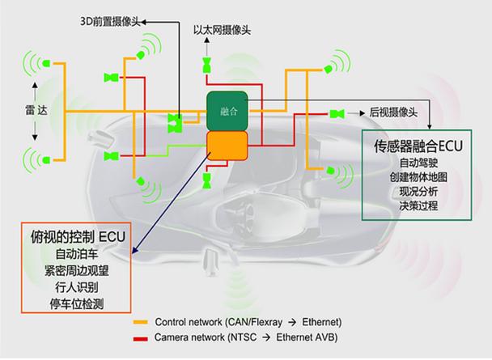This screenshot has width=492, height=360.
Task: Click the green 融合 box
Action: coord(227,111)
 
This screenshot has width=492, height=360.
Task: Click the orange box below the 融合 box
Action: coord(227,146)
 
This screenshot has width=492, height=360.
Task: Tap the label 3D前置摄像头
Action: coord(110,22)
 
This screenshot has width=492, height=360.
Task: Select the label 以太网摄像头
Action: coord(223,31)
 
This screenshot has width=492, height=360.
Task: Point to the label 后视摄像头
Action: coord(393,112)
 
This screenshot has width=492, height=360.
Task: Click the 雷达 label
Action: coord(36,110)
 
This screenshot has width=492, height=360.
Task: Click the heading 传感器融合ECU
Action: coord(418,146)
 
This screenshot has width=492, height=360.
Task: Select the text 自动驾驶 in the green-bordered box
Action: coord(418,163)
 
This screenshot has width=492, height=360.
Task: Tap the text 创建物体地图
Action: coord(418,177)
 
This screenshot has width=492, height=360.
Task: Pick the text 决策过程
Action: coord(418,205)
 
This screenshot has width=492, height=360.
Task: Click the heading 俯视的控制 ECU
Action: coord(78,237)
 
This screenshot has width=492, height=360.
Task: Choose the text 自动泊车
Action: coord(77,254)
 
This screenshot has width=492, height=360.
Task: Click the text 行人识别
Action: coord(77,287)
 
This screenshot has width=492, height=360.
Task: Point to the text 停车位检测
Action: coord(77,303)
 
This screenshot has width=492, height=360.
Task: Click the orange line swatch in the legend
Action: coord(140,322)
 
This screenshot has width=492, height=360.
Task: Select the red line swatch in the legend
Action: coord(140,339)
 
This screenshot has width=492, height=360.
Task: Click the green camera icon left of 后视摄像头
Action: coord(337,113)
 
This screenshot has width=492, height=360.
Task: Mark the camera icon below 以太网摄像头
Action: coord(207,66)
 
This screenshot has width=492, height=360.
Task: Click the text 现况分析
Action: coord(418,192)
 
